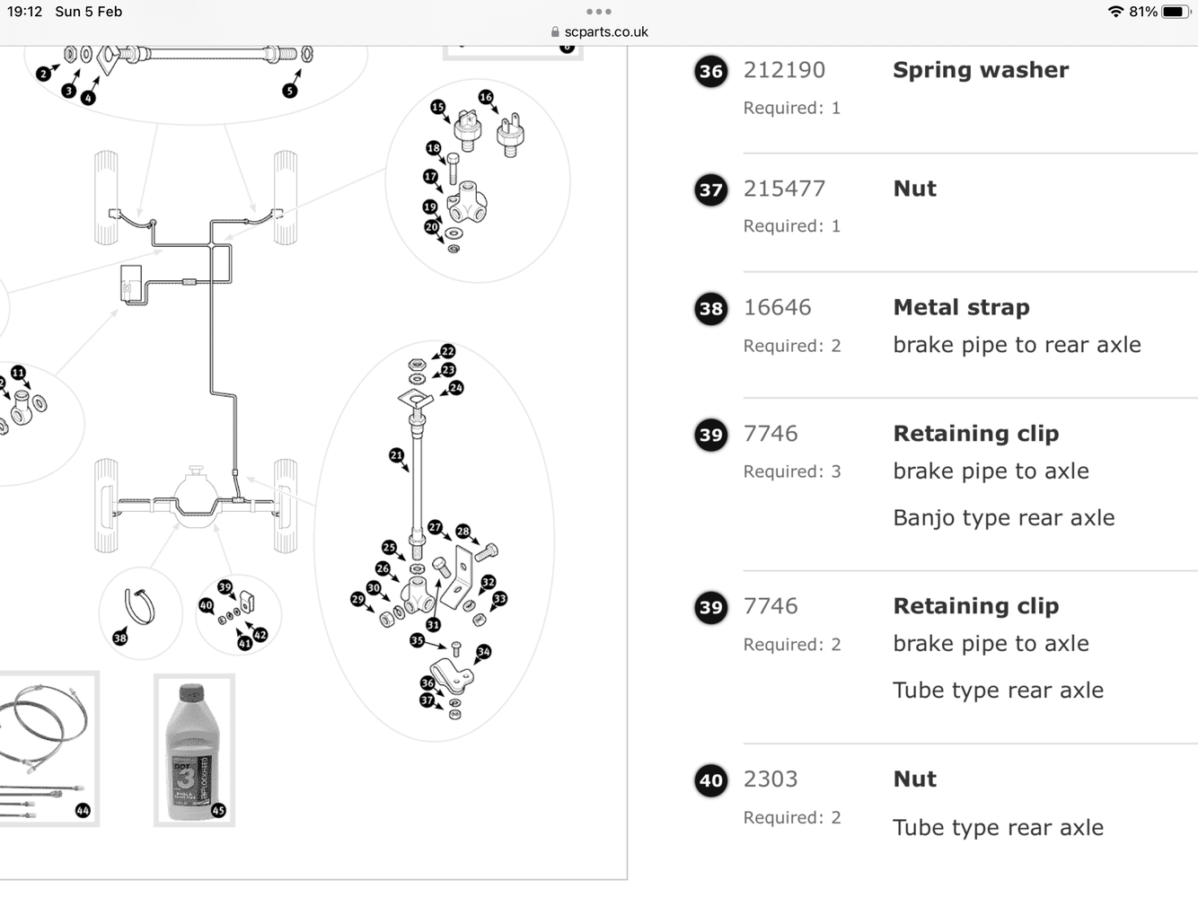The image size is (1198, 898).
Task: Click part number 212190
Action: tap(784, 70)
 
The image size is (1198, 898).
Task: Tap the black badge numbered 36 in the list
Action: tap(711, 72)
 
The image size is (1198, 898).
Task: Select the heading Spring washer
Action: tap(981, 70)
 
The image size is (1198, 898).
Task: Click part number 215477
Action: tap(784, 189)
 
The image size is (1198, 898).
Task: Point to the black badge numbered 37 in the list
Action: tap(711, 189)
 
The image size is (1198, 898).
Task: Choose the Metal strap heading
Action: tap(961, 307)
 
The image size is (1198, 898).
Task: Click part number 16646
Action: tap(777, 307)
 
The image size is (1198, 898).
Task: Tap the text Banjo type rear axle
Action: tap(1003, 518)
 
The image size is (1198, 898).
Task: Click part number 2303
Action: tap(771, 779)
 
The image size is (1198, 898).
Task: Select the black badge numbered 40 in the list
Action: tap(711, 780)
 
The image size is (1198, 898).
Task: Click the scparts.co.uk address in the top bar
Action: tap(605, 32)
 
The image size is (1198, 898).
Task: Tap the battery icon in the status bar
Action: tap(1176, 12)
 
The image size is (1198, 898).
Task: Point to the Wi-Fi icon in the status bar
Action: tap(1116, 12)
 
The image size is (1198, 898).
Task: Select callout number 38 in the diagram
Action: tap(120, 638)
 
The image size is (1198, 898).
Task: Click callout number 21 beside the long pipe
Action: tap(396, 455)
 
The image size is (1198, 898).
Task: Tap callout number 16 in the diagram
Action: tap(486, 97)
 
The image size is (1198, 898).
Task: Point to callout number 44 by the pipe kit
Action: tap(83, 810)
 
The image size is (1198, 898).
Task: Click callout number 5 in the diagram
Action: tap(289, 91)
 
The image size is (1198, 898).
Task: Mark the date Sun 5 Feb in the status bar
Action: tap(88, 12)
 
